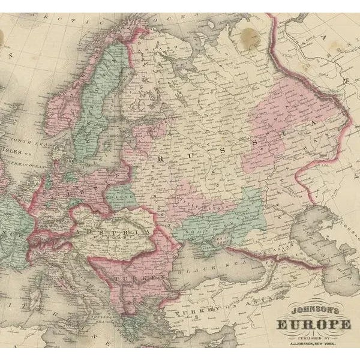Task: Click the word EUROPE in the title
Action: click(x=313, y=324)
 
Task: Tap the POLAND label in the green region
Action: click(x=122, y=195)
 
